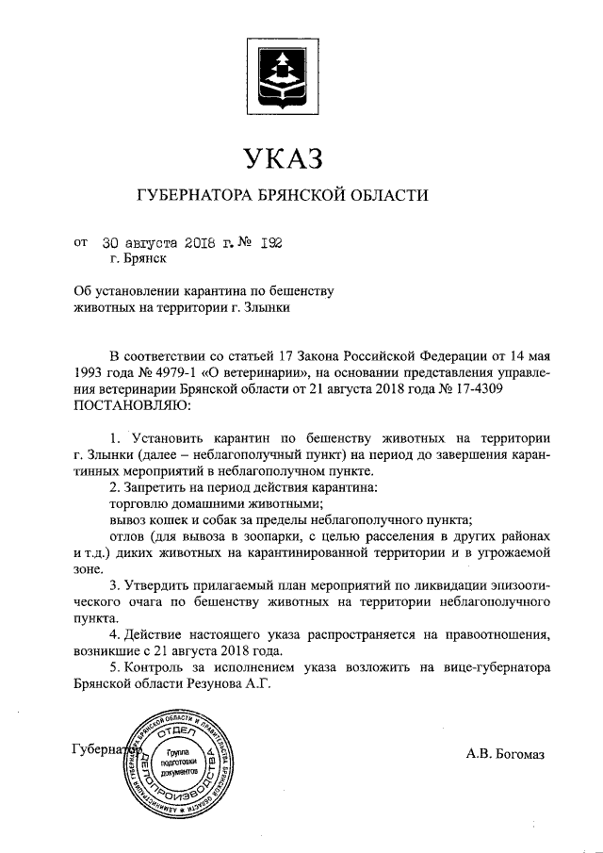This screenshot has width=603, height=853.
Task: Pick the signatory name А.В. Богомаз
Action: [x=504, y=754]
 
